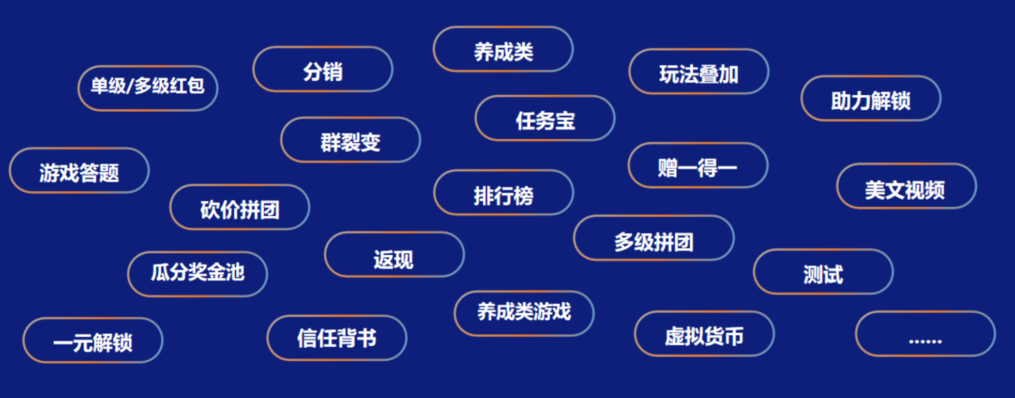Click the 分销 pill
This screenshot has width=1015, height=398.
tap(323, 69)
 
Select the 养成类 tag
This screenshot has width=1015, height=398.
tap(503, 50)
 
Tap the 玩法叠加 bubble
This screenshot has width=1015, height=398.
tap(699, 72)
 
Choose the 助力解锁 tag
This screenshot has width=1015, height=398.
tap(871, 99)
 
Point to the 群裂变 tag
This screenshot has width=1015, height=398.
tap(351, 140)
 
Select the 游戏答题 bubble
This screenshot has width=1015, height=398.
tap(79, 171)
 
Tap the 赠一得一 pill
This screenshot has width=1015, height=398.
tap(698, 166)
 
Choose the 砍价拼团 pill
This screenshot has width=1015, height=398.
tap(240, 208)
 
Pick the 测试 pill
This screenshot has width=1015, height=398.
tap(823, 272)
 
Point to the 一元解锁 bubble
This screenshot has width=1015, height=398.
tap(93, 341)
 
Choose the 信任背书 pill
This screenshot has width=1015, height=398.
tap(337, 338)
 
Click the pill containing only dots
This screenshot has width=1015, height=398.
tap(925, 334)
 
